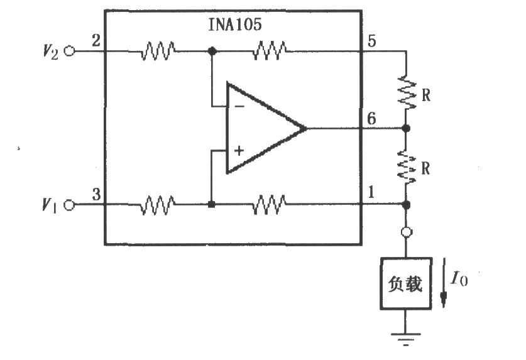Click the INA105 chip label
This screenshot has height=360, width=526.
click(235, 25)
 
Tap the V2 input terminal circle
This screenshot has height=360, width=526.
click(69, 51)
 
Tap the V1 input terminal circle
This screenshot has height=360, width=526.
click(69, 205)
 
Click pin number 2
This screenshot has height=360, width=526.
click(96, 41)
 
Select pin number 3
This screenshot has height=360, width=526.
click(96, 194)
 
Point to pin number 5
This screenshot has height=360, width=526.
click(371, 41)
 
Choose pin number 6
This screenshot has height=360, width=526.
click(371, 119)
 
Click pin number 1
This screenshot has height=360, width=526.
click(371, 192)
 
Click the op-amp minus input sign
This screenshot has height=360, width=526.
click(239, 107)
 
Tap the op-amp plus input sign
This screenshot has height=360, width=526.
click(239, 151)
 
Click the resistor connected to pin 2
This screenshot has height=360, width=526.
click(158, 51)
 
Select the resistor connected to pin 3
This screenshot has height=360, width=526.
click(158, 205)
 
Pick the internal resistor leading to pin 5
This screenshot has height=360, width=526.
click(270, 51)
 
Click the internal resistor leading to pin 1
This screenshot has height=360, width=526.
click(270, 205)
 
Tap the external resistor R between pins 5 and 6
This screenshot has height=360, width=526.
click(406, 93)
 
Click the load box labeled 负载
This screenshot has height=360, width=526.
click(406, 283)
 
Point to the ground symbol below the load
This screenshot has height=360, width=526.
click(406, 339)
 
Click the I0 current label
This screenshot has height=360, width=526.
click(459, 278)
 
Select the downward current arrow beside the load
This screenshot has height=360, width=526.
click(444, 283)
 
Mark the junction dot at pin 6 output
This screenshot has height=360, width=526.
click(406, 128)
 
